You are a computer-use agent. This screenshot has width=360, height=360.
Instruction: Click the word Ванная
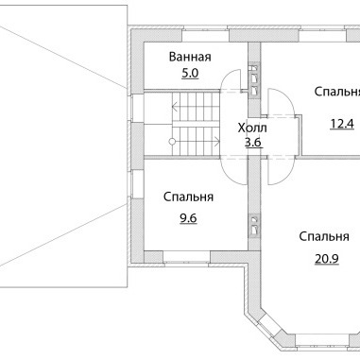(x=190, y=57)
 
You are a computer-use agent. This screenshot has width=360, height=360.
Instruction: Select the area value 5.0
(x=190, y=74)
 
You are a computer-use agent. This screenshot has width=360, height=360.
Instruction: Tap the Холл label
(x=252, y=129)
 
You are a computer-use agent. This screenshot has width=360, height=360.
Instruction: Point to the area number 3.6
(x=253, y=143)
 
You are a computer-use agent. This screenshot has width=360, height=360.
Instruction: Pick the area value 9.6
(x=188, y=218)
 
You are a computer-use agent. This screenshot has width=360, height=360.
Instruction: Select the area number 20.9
(x=327, y=259)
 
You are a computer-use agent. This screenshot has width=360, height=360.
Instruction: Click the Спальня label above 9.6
(x=188, y=197)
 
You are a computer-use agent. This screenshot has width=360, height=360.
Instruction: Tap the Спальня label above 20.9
(x=324, y=236)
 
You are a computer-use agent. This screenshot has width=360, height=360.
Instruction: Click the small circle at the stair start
(x=172, y=142)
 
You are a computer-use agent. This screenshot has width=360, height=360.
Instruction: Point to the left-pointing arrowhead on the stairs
(x=174, y=108)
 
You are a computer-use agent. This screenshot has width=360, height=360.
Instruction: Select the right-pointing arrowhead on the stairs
(x=217, y=142)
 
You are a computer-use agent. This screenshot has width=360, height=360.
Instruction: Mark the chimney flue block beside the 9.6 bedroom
(x=254, y=225)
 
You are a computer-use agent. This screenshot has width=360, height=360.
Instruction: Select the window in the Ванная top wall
(x=205, y=35)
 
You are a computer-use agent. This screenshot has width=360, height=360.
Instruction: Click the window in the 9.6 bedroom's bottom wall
(x=186, y=257)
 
